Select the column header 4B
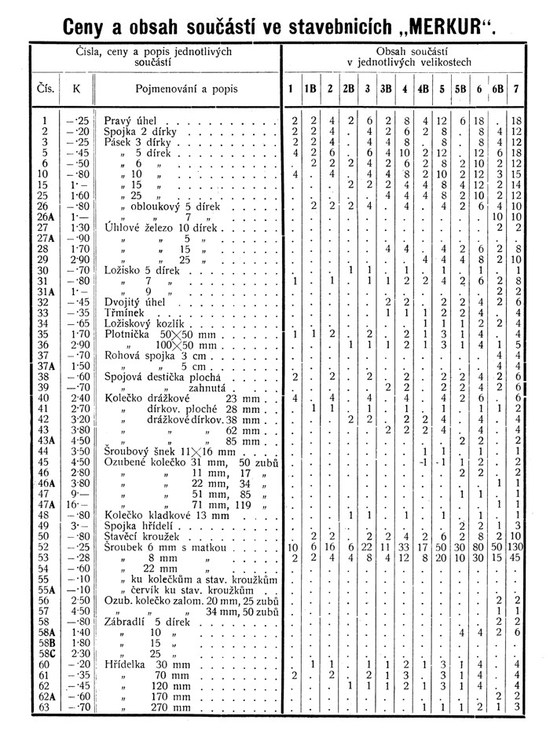[x=423, y=90]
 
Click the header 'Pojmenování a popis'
[x=187, y=90]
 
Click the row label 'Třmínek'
[x=123, y=312]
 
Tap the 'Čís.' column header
[x=46, y=90]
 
